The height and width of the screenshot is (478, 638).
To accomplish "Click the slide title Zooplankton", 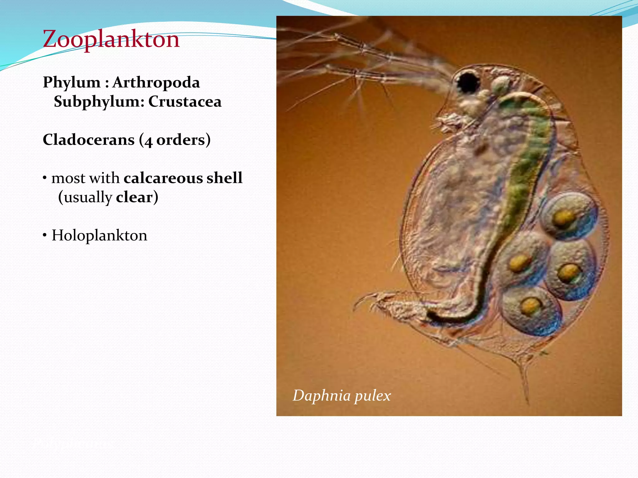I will (111, 39).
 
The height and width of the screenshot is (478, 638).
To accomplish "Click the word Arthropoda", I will (156, 82).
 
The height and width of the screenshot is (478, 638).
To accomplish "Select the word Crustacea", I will (185, 102).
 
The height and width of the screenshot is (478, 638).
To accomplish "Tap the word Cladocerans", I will (88, 140).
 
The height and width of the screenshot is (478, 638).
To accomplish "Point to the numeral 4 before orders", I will (148, 141).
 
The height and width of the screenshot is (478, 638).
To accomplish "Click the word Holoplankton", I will (99, 235).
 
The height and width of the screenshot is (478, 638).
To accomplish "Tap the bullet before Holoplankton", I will (45, 235).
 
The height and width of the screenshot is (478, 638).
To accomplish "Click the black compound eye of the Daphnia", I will (467, 82).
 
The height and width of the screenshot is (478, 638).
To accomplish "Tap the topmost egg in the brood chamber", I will (568, 216).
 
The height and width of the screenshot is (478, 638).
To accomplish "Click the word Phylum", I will (71, 82).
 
